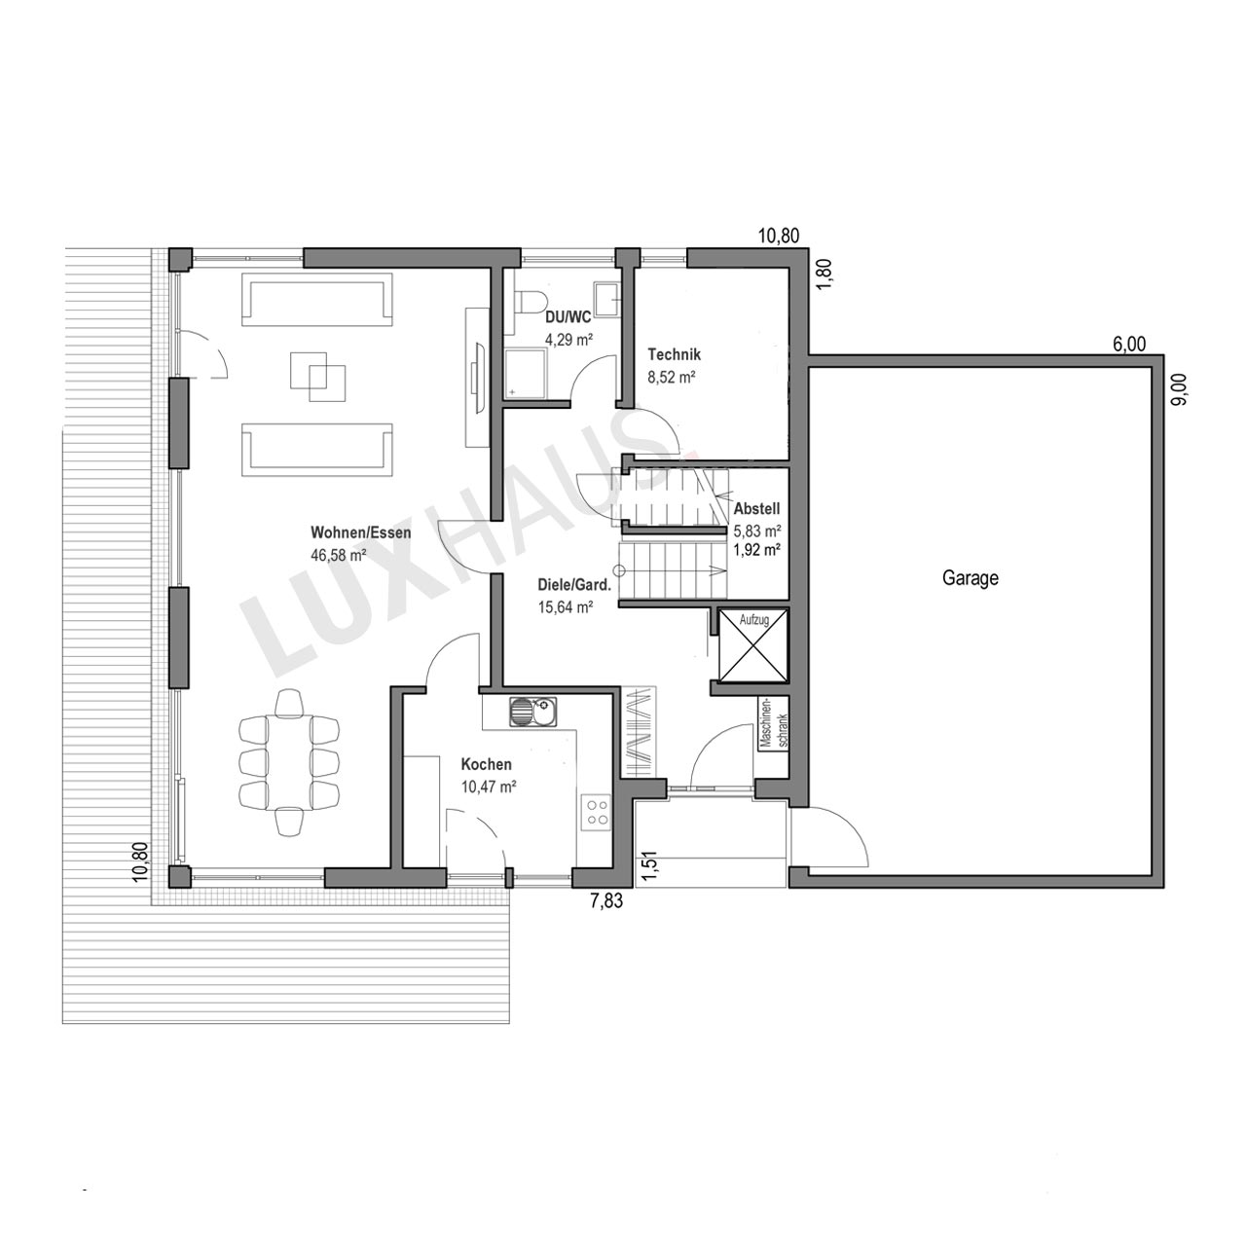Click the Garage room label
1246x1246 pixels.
click(x=970, y=577)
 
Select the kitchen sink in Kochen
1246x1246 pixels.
click(x=533, y=712)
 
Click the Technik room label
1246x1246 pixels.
click(x=675, y=354)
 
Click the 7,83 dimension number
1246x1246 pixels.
click(x=606, y=900)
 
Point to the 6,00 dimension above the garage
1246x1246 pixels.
click(x=1129, y=345)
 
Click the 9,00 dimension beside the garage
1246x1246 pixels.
click(x=1181, y=390)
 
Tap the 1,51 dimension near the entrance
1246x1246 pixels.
click(x=649, y=865)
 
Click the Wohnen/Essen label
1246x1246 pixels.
click(x=361, y=532)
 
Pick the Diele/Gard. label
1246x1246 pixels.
click(x=574, y=585)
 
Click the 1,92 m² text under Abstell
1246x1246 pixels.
click(x=756, y=550)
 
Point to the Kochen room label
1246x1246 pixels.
click(x=486, y=764)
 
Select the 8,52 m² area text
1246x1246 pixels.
click(x=672, y=377)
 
